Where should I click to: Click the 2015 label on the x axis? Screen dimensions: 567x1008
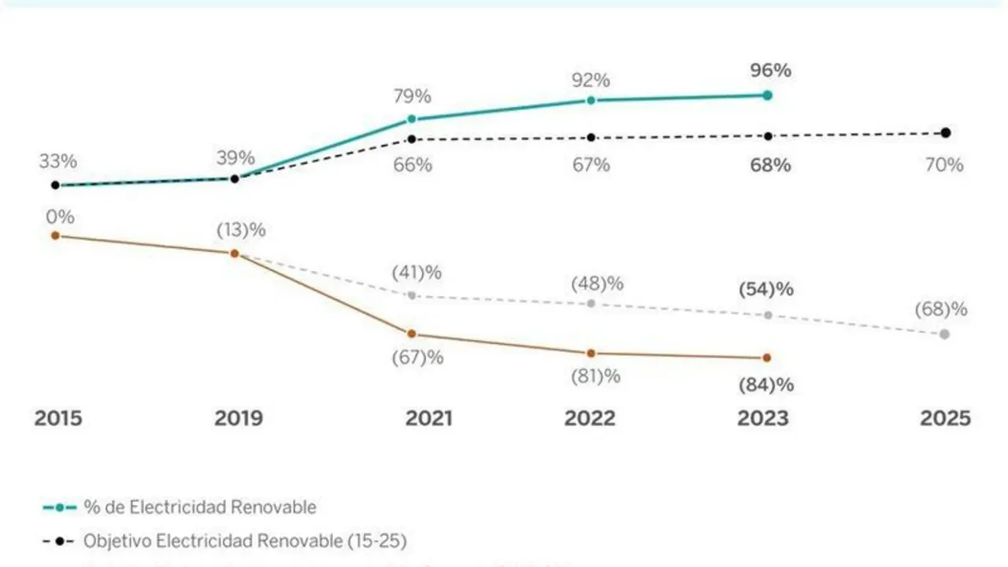click(x=57, y=418)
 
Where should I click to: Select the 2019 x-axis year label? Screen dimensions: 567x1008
click(x=239, y=418)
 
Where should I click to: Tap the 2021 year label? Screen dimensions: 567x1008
click(x=429, y=418)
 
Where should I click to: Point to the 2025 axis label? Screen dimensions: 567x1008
click(x=945, y=418)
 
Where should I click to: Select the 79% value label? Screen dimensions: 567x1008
click(x=413, y=97)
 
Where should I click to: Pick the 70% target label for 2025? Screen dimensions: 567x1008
click(x=944, y=165)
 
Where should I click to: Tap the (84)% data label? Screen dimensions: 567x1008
click(x=766, y=385)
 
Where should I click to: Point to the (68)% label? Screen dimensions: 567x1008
click(x=941, y=309)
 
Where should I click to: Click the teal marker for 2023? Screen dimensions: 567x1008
click(x=768, y=95)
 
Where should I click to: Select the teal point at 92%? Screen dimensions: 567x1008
click(x=591, y=100)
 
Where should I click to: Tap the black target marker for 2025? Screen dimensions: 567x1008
click(x=946, y=132)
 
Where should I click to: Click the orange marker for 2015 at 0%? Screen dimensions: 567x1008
click(x=55, y=235)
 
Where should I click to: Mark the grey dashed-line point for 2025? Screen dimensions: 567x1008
click(x=945, y=335)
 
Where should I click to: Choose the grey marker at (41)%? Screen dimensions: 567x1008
click(x=412, y=295)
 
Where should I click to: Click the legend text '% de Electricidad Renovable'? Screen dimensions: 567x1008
click(x=200, y=507)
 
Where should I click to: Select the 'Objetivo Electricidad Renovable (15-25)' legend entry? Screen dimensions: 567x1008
click(x=244, y=541)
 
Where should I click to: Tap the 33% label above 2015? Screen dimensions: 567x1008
click(x=58, y=162)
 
